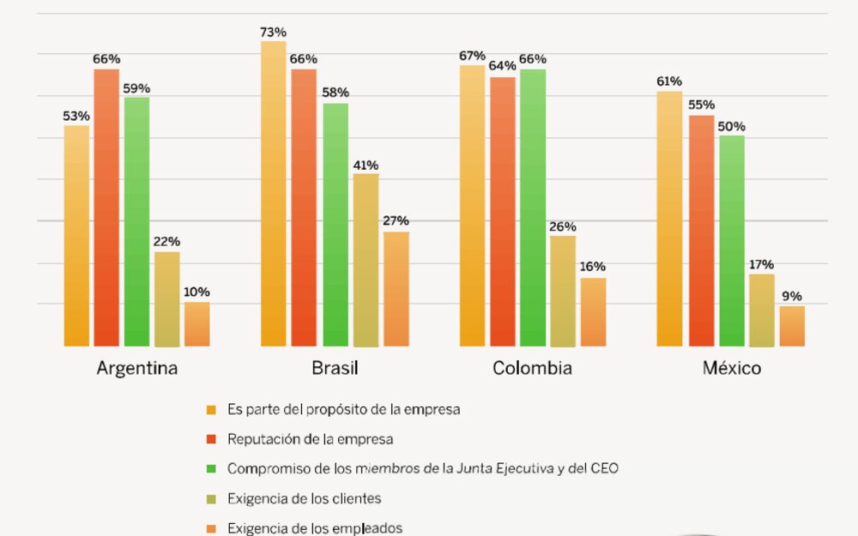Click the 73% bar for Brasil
tap(274, 194)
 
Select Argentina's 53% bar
tap(76, 236)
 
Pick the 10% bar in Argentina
tap(196, 324)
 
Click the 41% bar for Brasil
tap(366, 260)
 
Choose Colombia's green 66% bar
tap(533, 208)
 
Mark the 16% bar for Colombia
tap(593, 312)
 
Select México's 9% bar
tap(792, 326)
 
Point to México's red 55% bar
tap(701, 231)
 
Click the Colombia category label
tap(532, 369)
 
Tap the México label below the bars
tap(731, 369)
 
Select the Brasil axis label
tap(335, 369)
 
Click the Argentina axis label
tap(137, 369)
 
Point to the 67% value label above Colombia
tap(472, 56)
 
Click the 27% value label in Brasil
tap(396, 221)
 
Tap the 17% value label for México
tap(761, 264)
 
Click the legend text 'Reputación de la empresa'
tap(310, 439)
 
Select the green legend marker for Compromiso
tap(211, 469)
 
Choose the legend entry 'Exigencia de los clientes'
tap(304, 498)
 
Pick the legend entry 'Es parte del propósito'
tap(343, 410)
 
